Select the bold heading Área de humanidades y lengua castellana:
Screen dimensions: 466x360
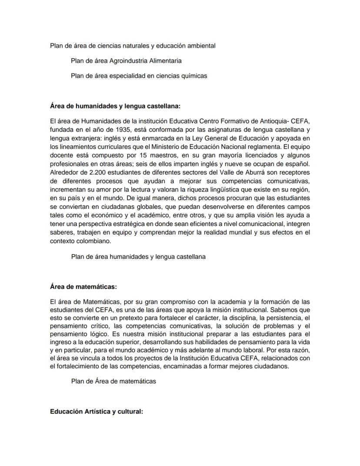115,106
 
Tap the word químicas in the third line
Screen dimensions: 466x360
194,75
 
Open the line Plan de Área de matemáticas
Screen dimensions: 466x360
113,381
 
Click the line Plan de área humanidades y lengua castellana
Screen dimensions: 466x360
138,257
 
